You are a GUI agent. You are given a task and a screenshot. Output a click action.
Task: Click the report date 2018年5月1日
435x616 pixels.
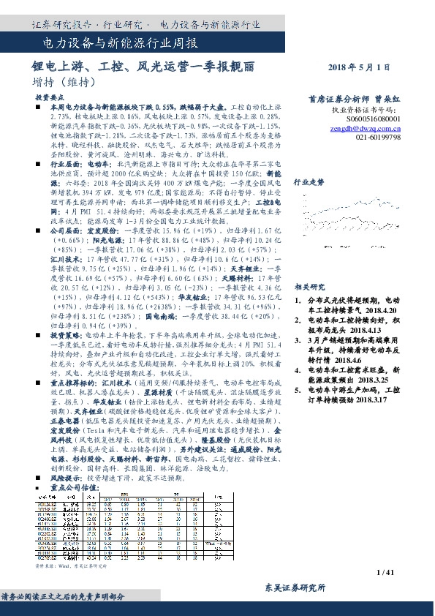366,67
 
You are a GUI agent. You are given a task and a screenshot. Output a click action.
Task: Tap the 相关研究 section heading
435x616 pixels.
309,287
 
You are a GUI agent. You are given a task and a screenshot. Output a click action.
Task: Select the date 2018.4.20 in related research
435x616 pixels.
379,309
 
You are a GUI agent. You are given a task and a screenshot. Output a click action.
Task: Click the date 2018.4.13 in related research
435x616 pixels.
357,330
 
